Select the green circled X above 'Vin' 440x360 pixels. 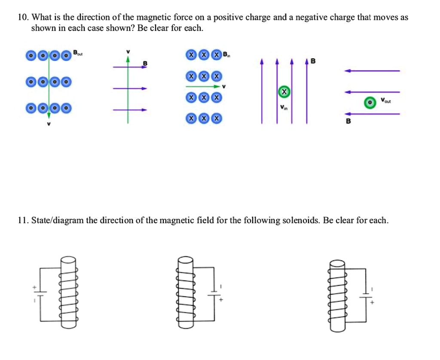tap(283, 92)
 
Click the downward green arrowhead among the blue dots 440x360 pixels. tap(49, 115)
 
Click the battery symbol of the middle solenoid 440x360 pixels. tap(214, 295)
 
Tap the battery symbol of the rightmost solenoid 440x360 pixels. tap(366, 296)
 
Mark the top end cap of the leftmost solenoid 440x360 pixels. tap(68, 260)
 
